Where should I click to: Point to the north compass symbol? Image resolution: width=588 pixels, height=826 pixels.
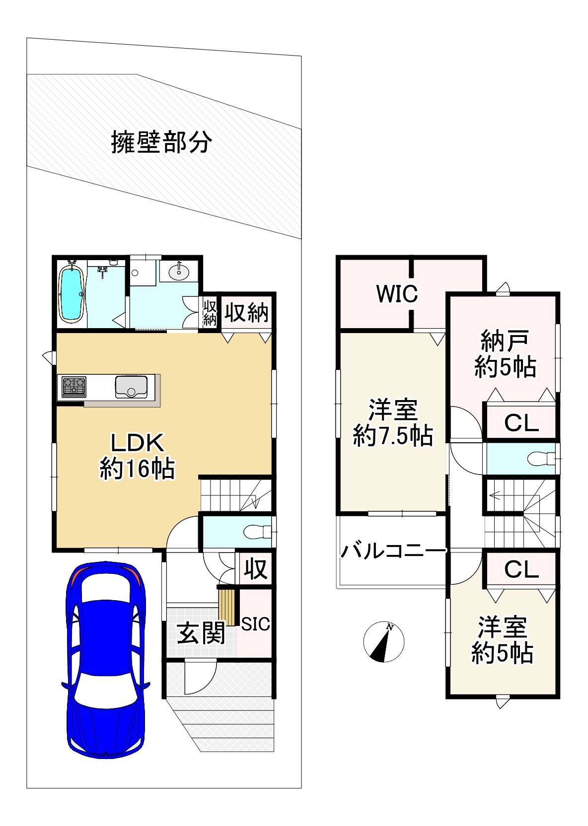(383, 641)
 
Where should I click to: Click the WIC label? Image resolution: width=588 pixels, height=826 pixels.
(397, 294)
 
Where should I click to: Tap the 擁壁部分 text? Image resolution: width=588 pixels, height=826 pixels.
(161, 142)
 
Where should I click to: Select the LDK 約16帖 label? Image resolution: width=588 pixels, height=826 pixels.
(137, 455)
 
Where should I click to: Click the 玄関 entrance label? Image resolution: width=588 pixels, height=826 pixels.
(201, 634)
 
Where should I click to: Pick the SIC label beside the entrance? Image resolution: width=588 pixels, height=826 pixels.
(255, 624)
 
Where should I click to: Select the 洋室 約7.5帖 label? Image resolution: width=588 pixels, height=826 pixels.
(393, 422)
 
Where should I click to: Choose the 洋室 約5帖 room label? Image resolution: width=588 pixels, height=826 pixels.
(502, 640)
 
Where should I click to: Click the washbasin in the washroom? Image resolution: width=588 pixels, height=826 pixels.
(178, 272)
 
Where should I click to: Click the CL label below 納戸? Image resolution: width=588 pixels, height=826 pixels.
(521, 423)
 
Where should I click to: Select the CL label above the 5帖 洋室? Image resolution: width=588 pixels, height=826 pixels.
(521, 569)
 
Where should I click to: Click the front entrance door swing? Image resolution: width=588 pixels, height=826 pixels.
(199, 678)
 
